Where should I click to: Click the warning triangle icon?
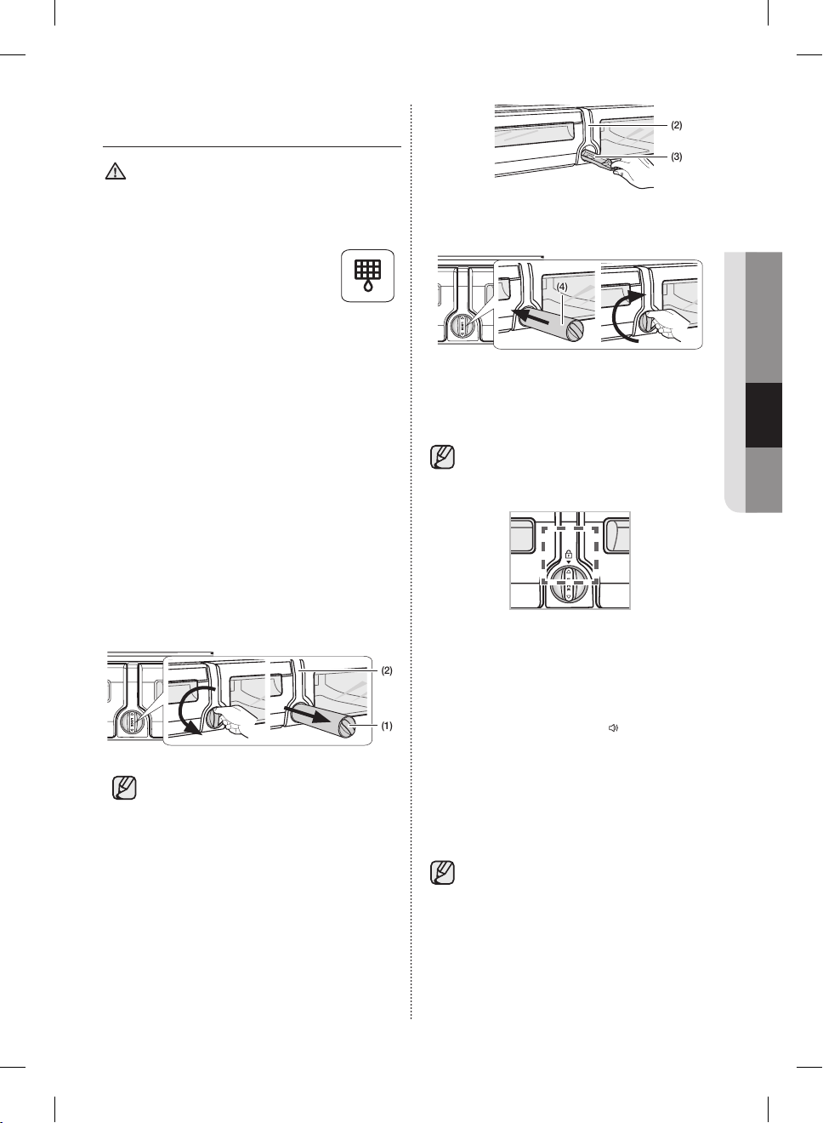pyautogui.click(x=116, y=171)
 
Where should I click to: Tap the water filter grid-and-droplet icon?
pyautogui.click(x=367, y=276)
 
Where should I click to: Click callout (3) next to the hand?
pyautogui.click(x=676, y=157)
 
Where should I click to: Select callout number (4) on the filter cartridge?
pyautogui.click(x=562, y=288)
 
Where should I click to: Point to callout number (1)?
pyautogui.click(x=386, y=726)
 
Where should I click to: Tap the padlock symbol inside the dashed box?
pyautogui.click(x=569, y=554)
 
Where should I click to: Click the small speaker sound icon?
pyautogui.click(x=613, y=728)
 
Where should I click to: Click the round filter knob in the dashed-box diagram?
pyautogui.click(x=568, y=584)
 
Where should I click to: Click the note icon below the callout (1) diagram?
pyautogui.click(x=124, y=788)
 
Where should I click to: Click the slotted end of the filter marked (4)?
pyautogui.click(x=575, y=333)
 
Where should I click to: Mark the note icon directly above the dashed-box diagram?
pyautogui.click(x=442, y=457)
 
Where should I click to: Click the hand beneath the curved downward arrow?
pyautogui.click(x=236, y=722)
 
